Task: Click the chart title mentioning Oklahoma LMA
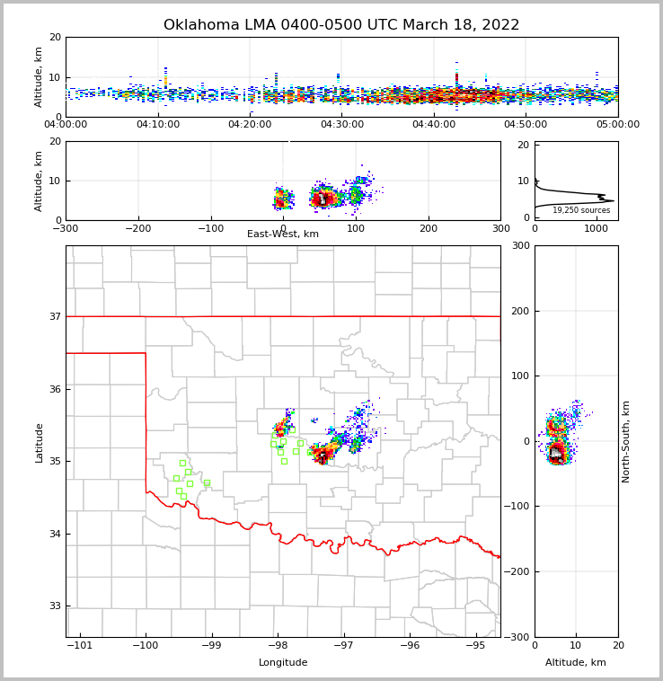coord(341,25)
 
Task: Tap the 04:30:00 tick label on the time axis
coord(342,125)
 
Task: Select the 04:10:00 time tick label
coord(158,125)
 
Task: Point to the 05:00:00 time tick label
coord(617,125)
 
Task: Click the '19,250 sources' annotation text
coord(581,210)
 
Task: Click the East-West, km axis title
coord(283,234)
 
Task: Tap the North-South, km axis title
coord(626,441)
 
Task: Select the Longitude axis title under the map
coord(283,663)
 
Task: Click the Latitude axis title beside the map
coord(39,442)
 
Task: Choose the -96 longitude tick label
coord(410,645)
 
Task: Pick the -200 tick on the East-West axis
coord(137,228)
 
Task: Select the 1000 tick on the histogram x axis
coord(596,228)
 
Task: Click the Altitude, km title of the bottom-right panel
coord(576,663)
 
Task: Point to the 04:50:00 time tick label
coord(526,125)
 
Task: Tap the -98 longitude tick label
coord(278,645)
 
